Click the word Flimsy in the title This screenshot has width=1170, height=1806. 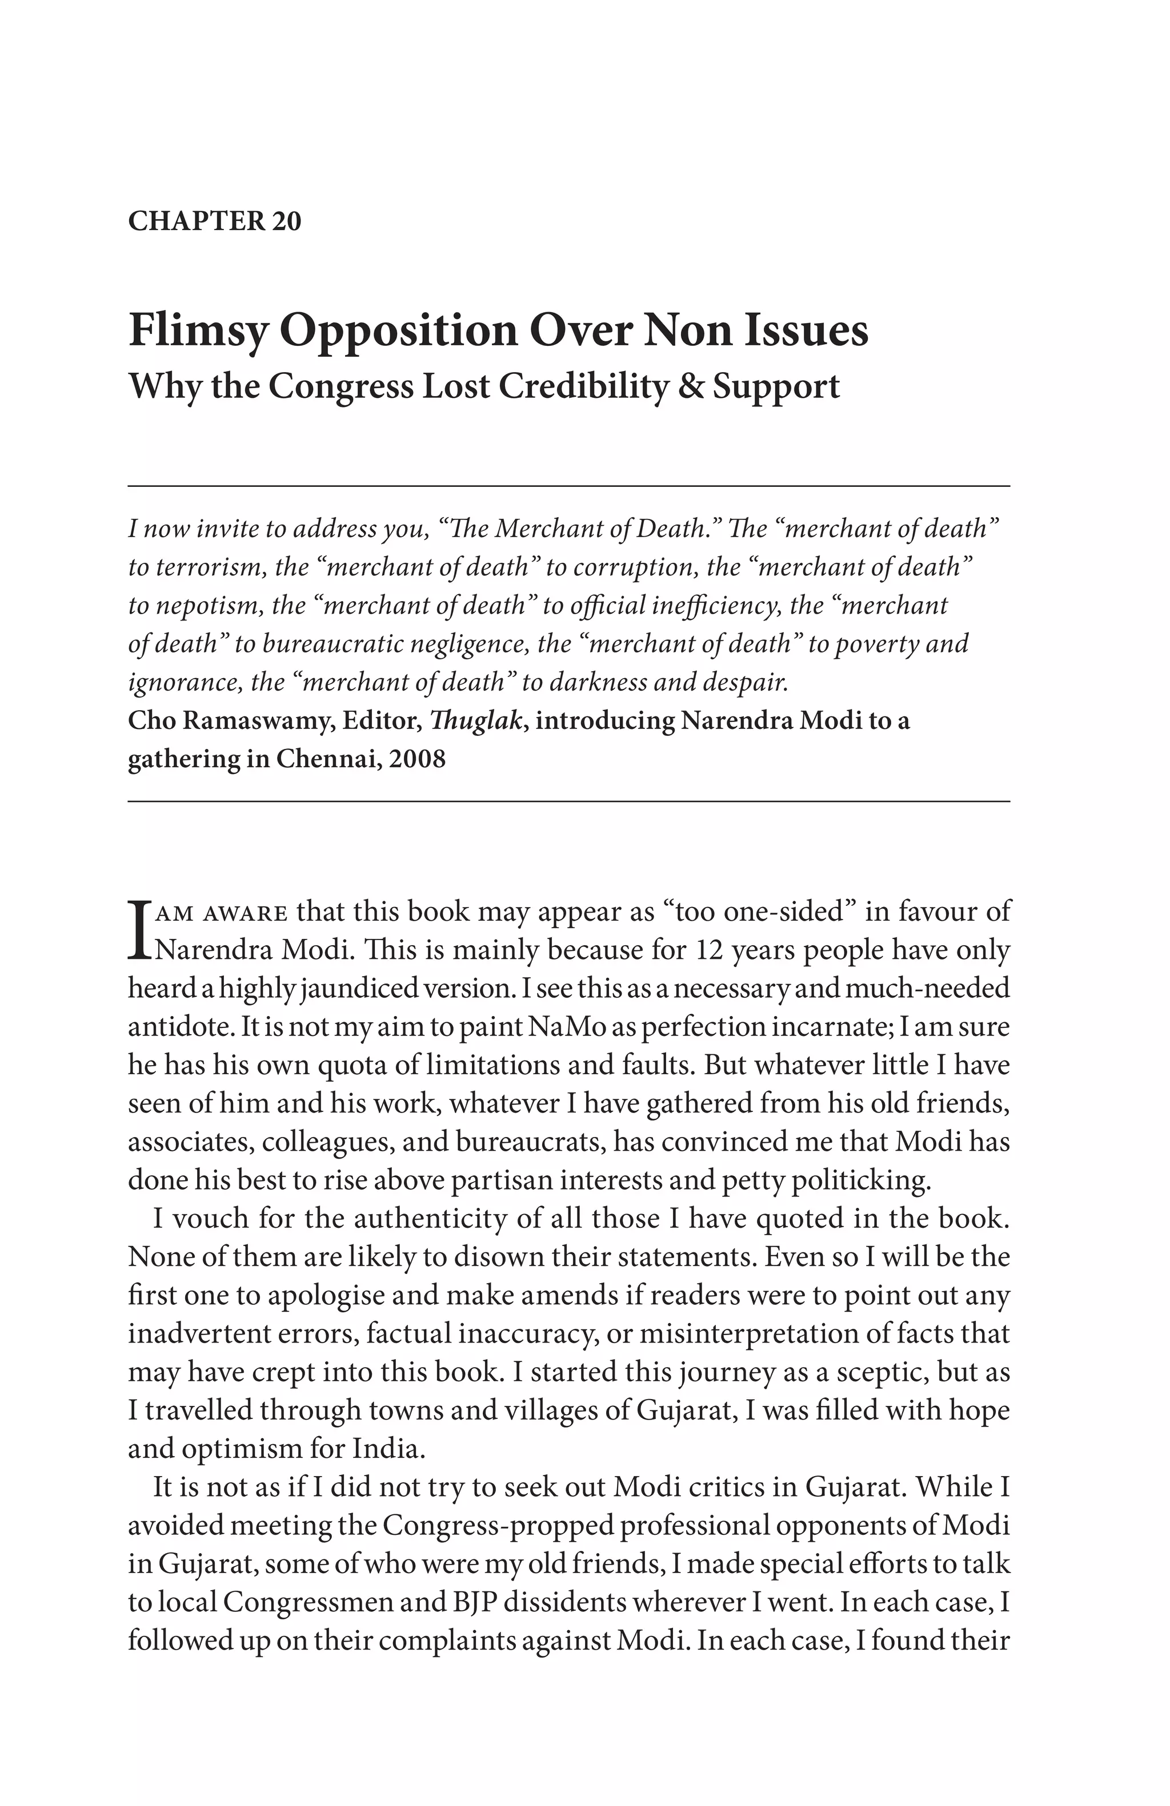198,331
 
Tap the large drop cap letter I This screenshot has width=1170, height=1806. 138,929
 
